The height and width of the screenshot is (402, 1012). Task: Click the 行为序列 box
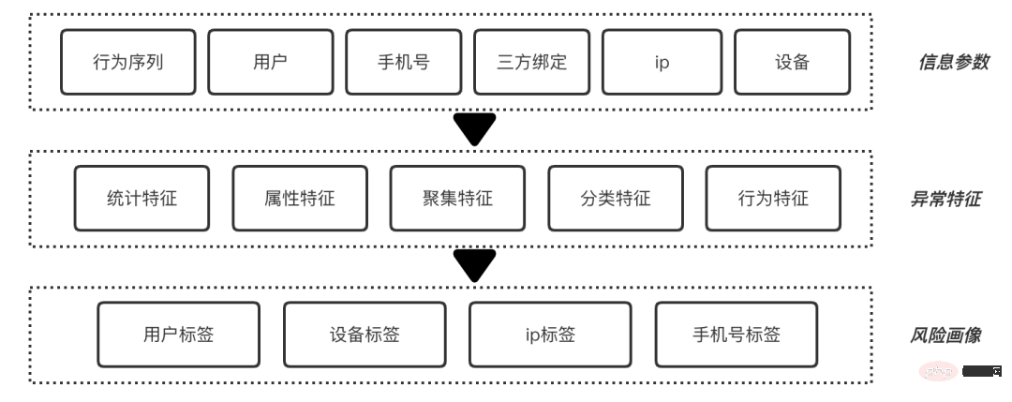(128, 63)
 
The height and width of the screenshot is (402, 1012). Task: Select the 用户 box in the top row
(270, 63)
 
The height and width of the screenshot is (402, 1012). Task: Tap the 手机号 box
(403, 63)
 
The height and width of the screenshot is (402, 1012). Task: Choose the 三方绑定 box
(531, 63)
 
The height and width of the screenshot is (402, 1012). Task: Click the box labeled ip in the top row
(662, 63)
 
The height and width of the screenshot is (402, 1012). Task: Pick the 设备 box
(792, 63)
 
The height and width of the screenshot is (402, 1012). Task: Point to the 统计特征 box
(141, 199)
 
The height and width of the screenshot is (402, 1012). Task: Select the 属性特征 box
(299, 199)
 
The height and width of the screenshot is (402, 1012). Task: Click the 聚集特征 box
(457, 199)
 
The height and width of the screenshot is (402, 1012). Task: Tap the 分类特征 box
(615, 199)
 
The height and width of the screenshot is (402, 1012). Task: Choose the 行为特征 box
(773, 199)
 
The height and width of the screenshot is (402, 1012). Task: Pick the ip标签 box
(550, 335)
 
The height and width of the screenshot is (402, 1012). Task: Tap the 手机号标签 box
(736, 335)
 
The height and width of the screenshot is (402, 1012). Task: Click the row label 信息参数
(952, 63)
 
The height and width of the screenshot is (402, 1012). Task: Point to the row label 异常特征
(945, 199)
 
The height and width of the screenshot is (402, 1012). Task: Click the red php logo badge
(937, 372)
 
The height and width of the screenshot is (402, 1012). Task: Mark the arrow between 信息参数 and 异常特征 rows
(474, 128)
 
